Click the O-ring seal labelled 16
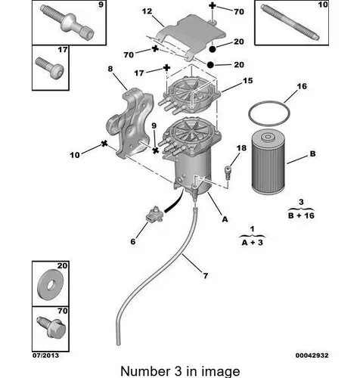(269, 102)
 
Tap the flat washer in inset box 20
(51, 286)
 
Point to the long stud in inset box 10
(290, 22)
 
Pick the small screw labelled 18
(228, 172)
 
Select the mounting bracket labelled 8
(130, 123)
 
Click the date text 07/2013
(45, 355)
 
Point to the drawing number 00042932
(312, 355)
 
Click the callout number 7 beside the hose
(206, 276)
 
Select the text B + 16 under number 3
(301, 215)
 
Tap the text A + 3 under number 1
(252, 243)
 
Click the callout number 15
(247, 81)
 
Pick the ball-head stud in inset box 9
(67, 23)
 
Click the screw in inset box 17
(49, 68)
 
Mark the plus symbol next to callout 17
(166, 67)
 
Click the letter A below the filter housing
(225, 219)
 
